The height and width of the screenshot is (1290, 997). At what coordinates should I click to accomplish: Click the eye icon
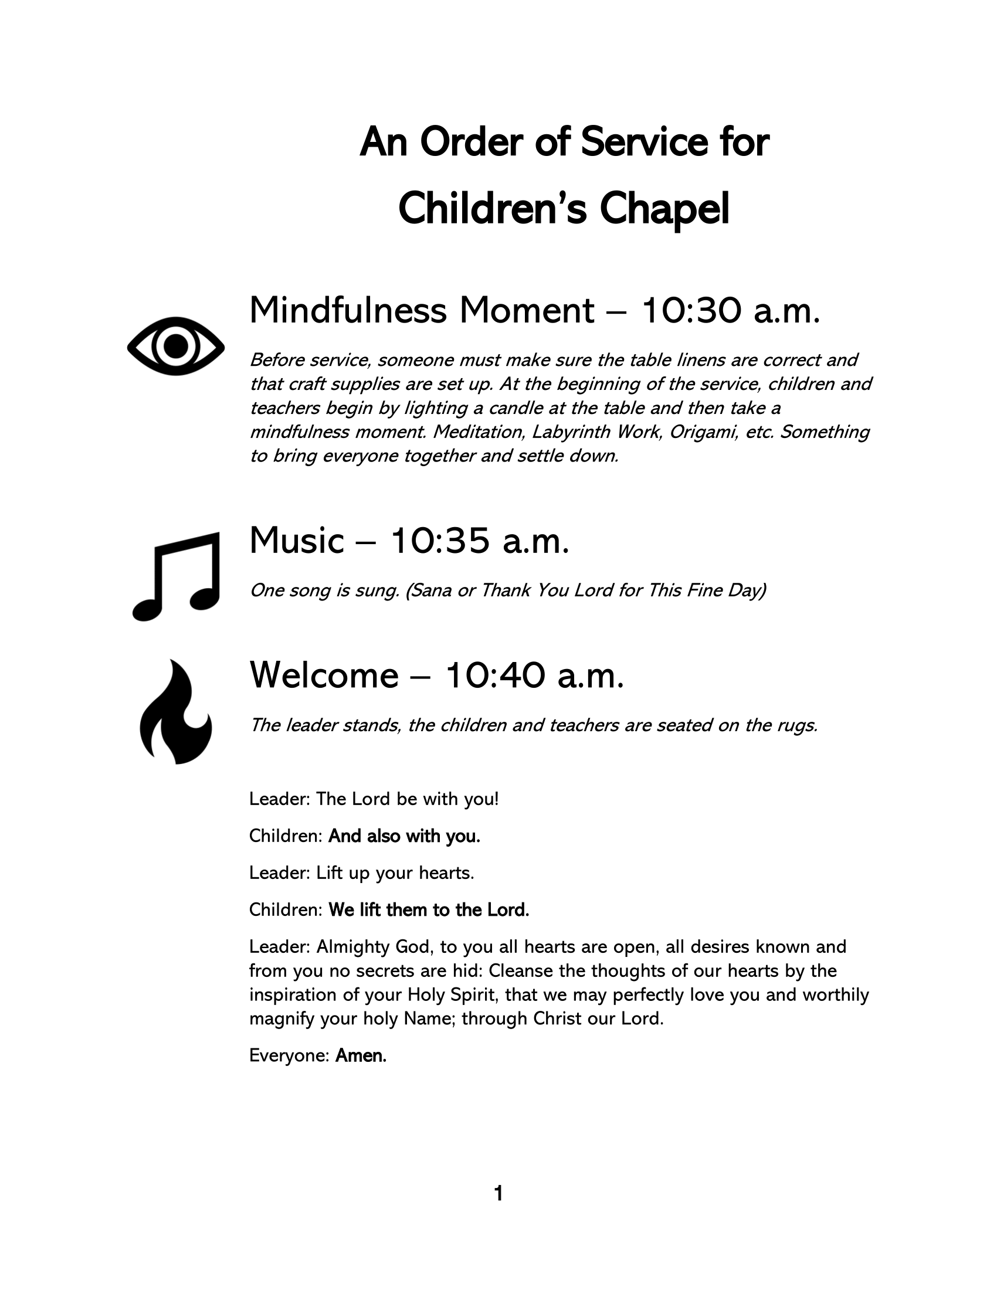175,346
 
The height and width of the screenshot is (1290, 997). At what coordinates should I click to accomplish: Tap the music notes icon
177,576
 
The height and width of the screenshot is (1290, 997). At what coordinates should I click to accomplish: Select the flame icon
175,711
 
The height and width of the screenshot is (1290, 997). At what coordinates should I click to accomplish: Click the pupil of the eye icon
175,346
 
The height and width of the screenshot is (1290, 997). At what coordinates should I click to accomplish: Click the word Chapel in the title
664,210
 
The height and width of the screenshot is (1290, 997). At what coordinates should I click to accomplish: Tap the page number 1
498,1194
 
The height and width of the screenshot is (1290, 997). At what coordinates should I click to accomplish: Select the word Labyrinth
571,432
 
